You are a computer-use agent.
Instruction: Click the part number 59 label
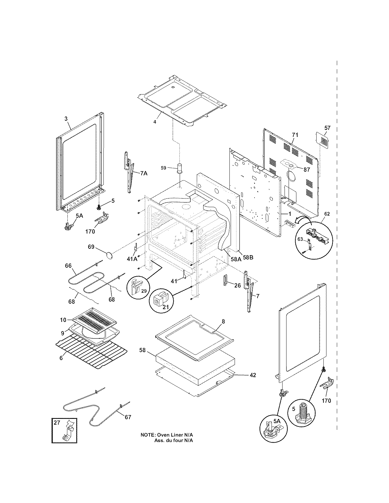pyautogui.click(x=164, y=168)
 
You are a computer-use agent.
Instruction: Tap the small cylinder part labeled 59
pyautogui.click(x=179, y=168)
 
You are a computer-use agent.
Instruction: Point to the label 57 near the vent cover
pyautogui.click(x=327, y=128)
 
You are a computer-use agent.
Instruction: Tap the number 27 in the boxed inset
pyautogui.click(x=57, y=423)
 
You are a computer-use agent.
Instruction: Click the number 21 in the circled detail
pyautogui.click(x=166, y=307)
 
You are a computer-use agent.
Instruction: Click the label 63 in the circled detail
pyautogui.click(x=300, y=239)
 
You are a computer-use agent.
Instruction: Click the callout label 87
pyautogui.click(x=307, y=169)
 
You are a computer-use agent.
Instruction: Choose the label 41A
pyautogui.click(x=132, y=259)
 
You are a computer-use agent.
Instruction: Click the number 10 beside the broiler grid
pyautogui.click(x=63, y=320)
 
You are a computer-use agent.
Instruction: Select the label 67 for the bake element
pyautogui.click(x=128, y=417)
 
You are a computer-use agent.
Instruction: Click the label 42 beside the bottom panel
pyautogui.click(x=253, y=375)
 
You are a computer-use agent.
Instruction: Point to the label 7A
pyautogui.click(x=144, y=173)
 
